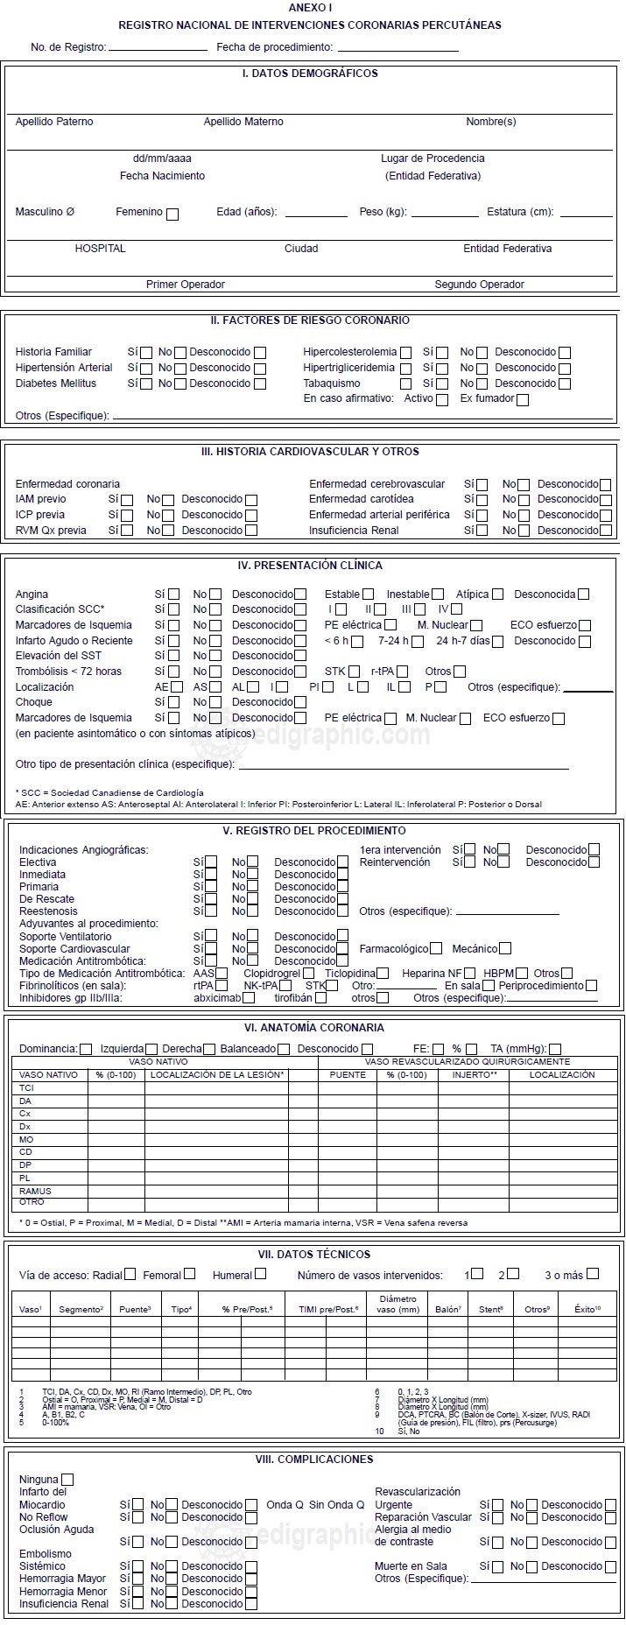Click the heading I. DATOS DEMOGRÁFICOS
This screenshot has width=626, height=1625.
click(310, 74)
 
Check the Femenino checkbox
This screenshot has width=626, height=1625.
click(172, 214)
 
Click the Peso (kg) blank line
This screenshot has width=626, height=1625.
click(445, 215)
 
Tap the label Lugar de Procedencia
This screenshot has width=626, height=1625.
click(433, 158)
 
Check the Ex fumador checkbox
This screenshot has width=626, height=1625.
click(523, 400)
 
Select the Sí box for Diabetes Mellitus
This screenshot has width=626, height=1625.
click(146, 384)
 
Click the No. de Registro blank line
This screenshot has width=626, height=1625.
click(158, 50)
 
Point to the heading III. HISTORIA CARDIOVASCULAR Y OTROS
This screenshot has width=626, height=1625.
click(310, 452)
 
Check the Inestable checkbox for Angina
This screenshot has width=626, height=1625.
click(438, 595)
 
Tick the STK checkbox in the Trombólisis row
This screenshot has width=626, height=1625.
click(355, 672)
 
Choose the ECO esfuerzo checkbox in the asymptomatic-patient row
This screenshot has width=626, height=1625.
click(559, 719)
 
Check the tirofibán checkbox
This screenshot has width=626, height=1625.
click(320, 998)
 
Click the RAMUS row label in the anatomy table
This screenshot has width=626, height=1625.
click(35, 1191)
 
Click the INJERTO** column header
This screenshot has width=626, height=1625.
click(475, 1074)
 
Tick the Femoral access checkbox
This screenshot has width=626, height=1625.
click(190, 1274)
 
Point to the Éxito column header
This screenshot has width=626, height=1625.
click(587, 1309)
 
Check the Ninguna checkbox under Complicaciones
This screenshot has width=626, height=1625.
click(67, 1480)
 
